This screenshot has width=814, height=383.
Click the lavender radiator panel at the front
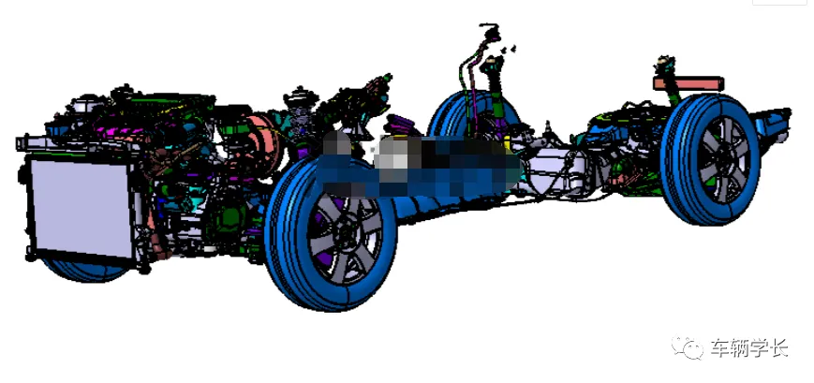[81, 209]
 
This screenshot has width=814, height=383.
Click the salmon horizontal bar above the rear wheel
[688, 83]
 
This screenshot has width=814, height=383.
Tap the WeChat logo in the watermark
[688, 347]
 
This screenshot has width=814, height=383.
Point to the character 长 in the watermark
[778, 347]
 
